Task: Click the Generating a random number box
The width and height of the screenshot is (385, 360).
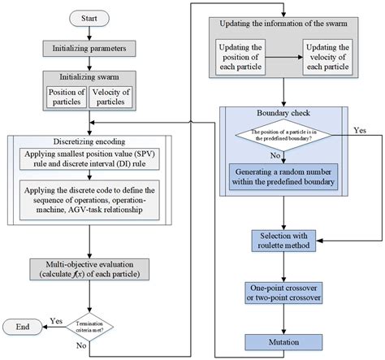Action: tap(284, 178)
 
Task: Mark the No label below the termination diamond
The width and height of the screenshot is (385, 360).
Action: tap(80, 345)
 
